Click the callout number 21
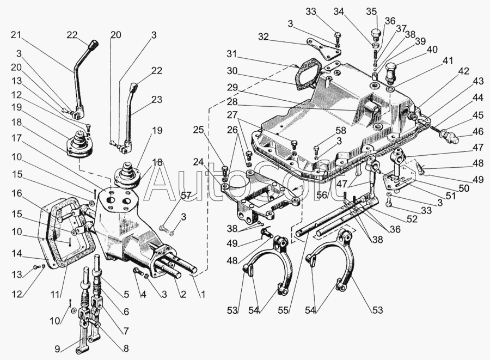[16, 35]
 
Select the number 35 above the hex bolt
[371, 11]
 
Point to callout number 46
[478, 131]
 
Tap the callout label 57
[186, 196]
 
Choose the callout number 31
[232, 54]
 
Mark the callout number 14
[16, 253]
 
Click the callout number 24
[199, 162]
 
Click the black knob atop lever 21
[94, 45]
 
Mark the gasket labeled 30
[308, 76]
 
